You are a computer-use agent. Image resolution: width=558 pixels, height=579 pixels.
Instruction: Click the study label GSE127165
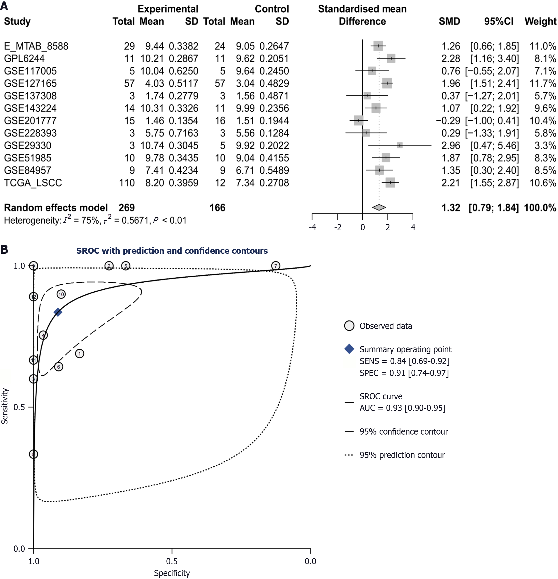[30, 83]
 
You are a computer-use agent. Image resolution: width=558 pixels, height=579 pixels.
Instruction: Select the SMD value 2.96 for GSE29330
[450, 146]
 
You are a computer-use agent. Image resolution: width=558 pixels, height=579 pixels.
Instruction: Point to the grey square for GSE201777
[359, 121]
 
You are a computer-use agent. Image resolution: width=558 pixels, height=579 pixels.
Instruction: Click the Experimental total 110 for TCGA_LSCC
[127, 183]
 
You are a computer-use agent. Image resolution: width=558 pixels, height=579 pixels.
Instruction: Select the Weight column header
[540, 21]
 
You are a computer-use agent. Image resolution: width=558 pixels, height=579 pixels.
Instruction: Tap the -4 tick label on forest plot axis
[312, 227]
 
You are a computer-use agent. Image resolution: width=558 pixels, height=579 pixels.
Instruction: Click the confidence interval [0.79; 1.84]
[493, 208]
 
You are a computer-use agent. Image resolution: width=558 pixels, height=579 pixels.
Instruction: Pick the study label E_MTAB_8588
[36, 46]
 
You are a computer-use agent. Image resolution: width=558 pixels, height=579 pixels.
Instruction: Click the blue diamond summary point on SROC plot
[58, 312]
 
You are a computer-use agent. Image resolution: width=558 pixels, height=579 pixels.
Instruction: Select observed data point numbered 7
[276, 266]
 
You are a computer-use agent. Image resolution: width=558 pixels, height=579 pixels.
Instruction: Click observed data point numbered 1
[80, 354]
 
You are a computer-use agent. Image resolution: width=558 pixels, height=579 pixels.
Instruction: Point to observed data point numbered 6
[59, 367]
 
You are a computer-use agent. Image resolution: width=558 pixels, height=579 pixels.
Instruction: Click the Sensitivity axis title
[5, 406]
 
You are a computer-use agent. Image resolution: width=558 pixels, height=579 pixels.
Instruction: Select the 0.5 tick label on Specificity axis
[172, 561]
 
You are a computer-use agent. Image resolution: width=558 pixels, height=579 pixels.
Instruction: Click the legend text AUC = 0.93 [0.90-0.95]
[402, 408]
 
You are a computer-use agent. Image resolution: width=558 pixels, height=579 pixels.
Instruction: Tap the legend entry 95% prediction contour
[402, 455]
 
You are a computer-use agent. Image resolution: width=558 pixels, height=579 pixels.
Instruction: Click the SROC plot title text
[172, 251]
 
